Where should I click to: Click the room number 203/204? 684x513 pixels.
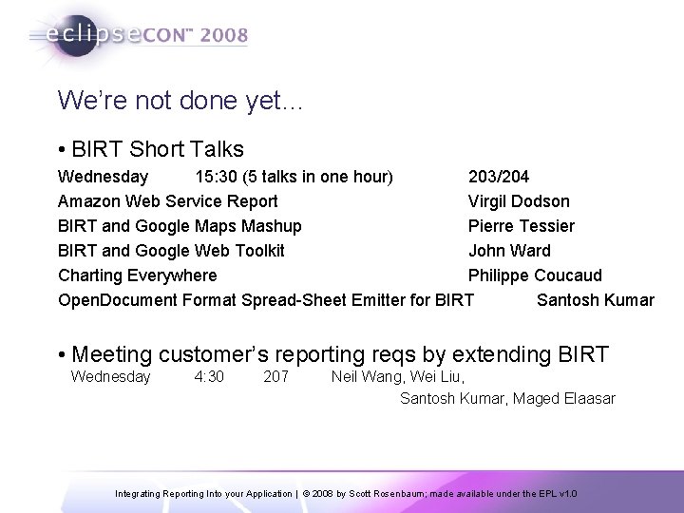click(499, 177)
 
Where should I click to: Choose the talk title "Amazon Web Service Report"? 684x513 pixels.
click(168, 201)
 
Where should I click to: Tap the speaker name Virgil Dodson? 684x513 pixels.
click(519, 201)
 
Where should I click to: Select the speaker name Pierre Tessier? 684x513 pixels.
click(521, 226)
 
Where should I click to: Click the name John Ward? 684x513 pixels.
click(509, 251)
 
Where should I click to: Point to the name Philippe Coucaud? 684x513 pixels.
click(535, 275)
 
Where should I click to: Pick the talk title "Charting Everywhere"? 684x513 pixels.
click(137, 275)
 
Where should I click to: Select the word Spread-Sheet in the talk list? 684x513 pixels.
click(288, 300)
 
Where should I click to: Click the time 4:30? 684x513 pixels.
click(209, 377)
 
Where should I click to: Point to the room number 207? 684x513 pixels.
click(275, 377)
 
